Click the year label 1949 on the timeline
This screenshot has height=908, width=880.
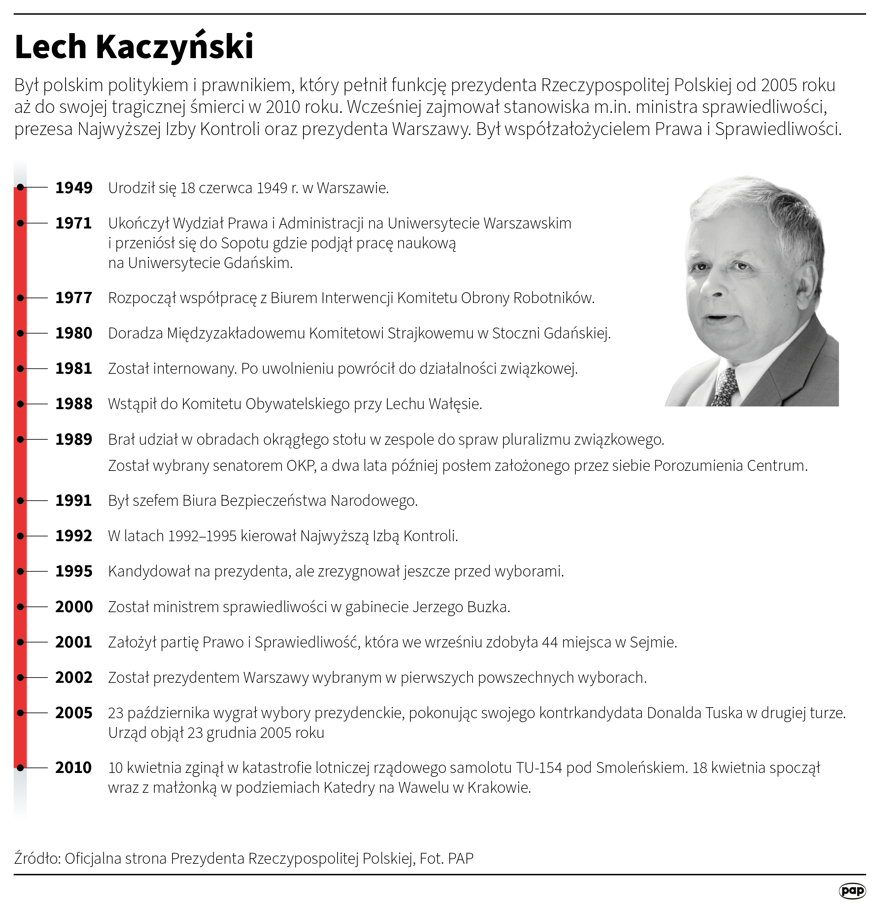pos(74,188)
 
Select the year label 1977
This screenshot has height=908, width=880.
pos(74,297)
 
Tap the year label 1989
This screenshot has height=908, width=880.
pos(74,439)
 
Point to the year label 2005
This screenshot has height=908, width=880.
pos(74,713)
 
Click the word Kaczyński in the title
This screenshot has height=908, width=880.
pos(175,47)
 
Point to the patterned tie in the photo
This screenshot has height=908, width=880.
pos(725,387)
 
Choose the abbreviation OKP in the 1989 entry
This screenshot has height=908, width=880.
pos(301,465)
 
